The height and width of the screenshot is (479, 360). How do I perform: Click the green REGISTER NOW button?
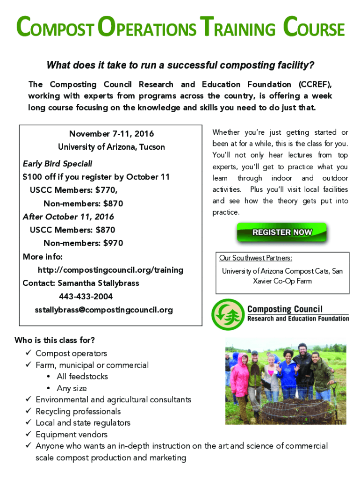pyautogui.click(x=282, y=232)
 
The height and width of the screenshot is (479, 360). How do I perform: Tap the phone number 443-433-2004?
pyautogui.click(x=86, y=297)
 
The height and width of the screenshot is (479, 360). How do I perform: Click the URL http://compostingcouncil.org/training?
pyautogui.click(x=110, y=270)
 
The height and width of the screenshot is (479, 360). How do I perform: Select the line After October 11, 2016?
pyautogui.click(x=68, y=217)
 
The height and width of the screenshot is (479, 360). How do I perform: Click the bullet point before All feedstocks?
pyautogui.click(x=49, y=377)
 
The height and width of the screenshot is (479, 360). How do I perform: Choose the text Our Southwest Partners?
pyautogui.click(x=256, y=258)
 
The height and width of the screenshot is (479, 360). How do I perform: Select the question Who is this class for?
pyautogui.click(x=55, y=340)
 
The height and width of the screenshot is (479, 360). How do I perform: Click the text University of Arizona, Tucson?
pyautogui.click(x=111, y=147)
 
